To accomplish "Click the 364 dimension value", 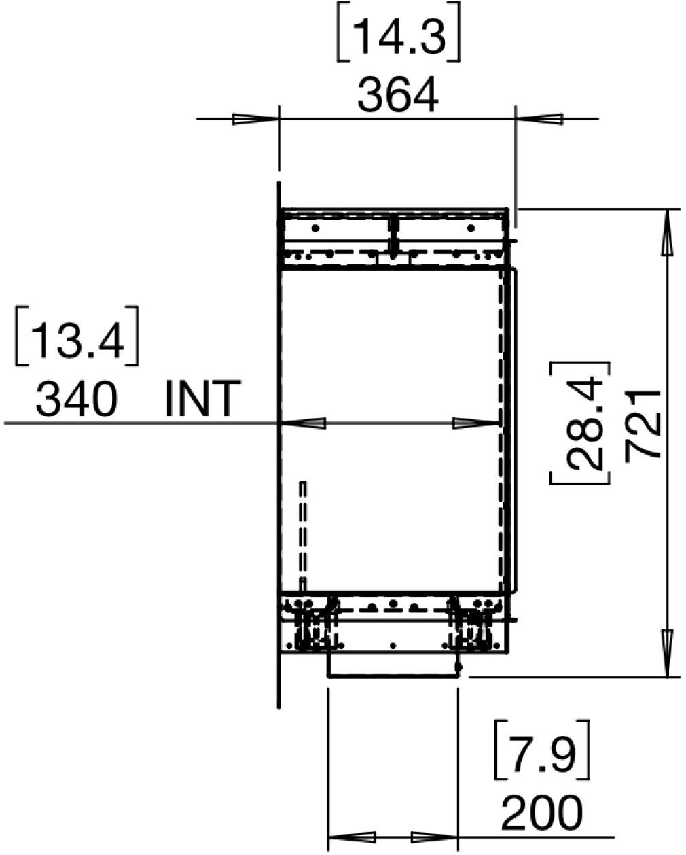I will pos(398,96).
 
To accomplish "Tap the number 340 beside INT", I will pos(76,399).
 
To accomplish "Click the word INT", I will pos(202,399).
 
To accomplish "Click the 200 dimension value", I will pos(541,812).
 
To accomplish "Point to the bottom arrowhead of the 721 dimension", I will pos(668,652).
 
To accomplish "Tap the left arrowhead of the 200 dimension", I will pos(351,837).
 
